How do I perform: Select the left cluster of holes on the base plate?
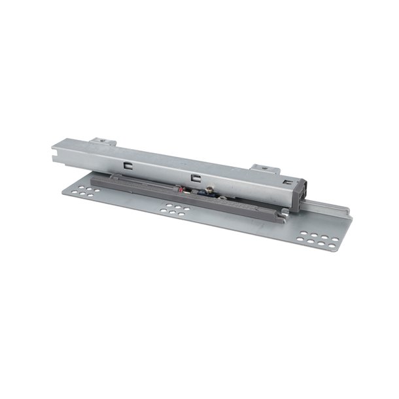pos(86,191)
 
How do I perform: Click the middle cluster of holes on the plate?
pos(175,209)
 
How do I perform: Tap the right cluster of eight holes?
pos(319,240)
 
